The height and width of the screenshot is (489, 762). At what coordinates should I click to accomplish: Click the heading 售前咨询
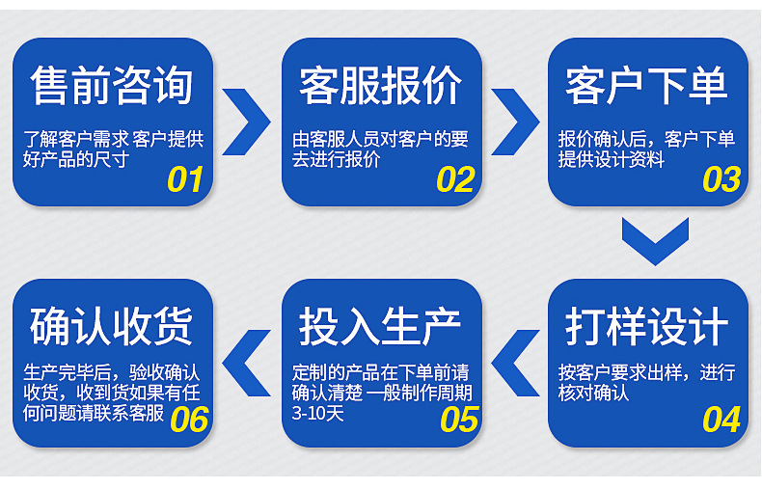point(112,86)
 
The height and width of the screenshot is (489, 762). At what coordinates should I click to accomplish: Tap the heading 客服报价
point(380,86)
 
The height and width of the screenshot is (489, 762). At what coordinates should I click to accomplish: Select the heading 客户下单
point(646,86)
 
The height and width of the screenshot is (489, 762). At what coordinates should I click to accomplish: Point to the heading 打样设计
point(646,327)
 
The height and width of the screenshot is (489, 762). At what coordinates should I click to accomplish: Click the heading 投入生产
point(380,327)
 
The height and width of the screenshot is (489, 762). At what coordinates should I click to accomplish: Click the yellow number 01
point(185,180)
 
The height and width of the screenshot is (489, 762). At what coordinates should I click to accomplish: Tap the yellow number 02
point(455,180)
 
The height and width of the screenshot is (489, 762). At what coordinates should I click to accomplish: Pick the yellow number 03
point(721,180)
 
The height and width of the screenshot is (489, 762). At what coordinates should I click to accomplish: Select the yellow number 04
point(721,421)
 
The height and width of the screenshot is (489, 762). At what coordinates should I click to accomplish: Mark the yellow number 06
point(189,421)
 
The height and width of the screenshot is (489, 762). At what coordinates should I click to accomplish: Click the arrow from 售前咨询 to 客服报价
point(248,122)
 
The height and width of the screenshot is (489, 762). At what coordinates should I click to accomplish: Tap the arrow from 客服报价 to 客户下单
point(516,122)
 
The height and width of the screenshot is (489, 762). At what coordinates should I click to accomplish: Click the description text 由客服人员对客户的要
point(380,139)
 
